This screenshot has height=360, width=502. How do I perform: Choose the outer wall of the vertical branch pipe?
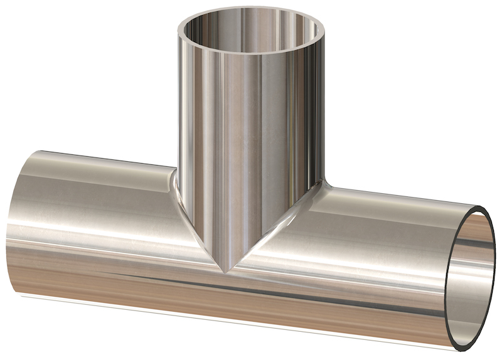coord(251,125)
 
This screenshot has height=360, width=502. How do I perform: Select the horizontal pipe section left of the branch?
coord(94,220)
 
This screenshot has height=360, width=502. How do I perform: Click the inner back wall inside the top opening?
coord(251,22)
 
